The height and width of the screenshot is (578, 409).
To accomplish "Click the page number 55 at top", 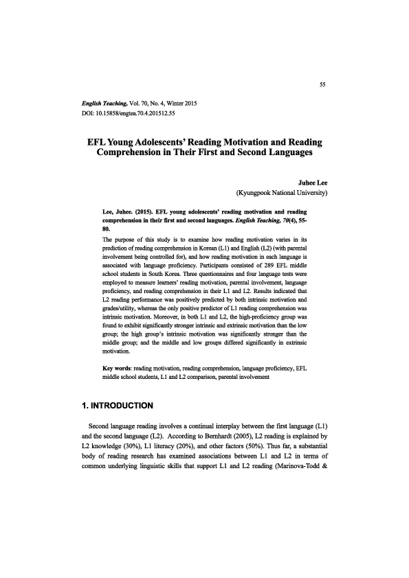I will pos(322,84).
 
